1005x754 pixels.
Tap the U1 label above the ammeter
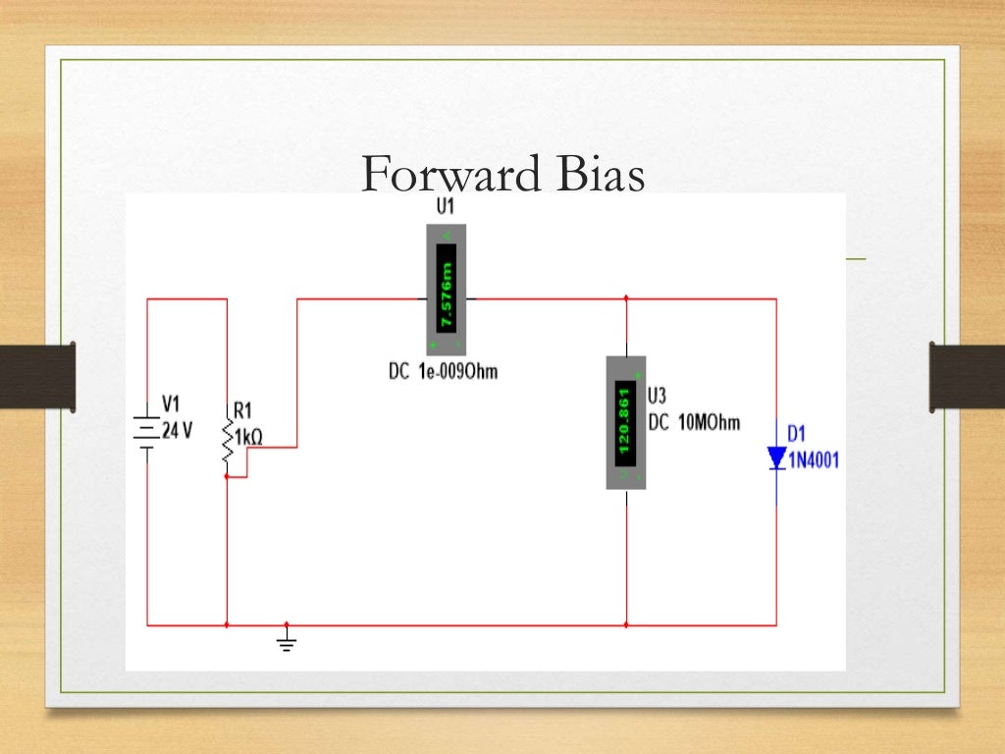point(446,207)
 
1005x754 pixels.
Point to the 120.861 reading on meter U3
point(625,422)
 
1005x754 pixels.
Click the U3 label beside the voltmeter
point(658,396)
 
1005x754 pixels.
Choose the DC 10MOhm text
point(694,423)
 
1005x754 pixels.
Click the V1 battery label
point(171,404)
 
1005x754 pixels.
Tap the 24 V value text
point(176,430)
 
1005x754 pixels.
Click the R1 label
point(241,409)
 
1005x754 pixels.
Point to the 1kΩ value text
point(248,436)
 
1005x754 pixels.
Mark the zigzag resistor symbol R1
point(228,443)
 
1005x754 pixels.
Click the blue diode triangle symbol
point(776,458)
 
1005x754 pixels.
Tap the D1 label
point(797,433)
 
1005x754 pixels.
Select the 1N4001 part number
point(814,459)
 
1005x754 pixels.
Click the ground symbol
point(287,643)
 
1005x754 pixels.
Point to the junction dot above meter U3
point(626,298)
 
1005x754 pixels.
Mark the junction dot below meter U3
point(626,624)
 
